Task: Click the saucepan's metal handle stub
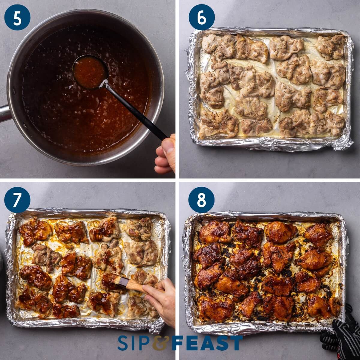[x=4, y=113]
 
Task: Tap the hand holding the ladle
[x=166, y=154]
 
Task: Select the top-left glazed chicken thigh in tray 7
[x=34, y=231]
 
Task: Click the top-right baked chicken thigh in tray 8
[x=318, y=234]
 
